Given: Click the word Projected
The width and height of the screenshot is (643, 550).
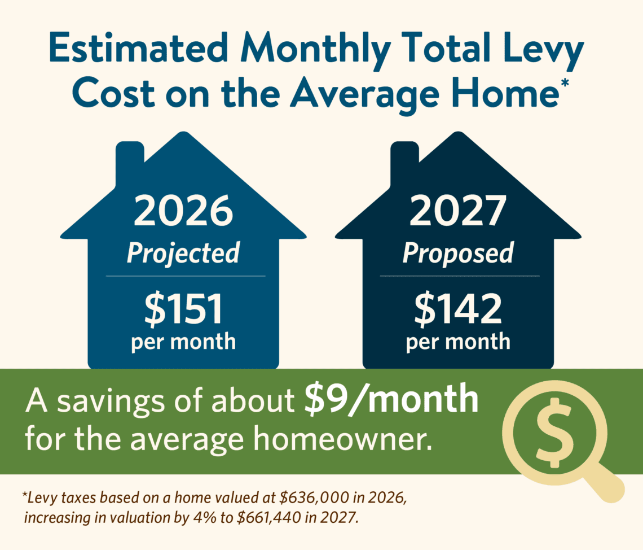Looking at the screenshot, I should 183,252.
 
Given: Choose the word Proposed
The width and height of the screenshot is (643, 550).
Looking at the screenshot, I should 458,252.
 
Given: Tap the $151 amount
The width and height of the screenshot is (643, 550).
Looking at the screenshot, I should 184,310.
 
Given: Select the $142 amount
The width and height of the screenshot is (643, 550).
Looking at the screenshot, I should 458,310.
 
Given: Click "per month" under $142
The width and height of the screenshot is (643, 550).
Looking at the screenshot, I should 458,342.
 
